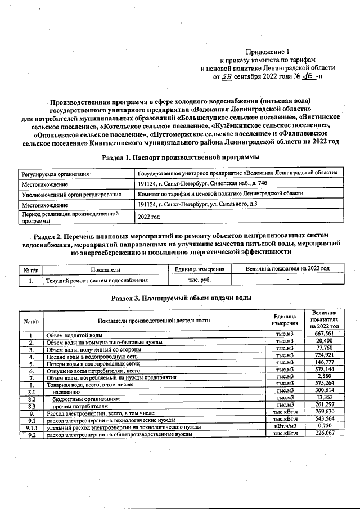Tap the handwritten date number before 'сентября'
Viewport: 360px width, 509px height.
(227, 77)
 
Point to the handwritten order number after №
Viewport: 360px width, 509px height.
(308, 77)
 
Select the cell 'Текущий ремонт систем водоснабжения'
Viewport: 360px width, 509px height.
(97, 280)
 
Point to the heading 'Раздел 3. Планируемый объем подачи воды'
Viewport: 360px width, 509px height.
(181, 298)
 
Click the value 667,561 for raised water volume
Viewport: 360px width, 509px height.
(325, 334)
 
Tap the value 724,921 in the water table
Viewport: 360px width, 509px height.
(325, 355)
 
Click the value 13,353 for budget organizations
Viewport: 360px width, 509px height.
(325, 398)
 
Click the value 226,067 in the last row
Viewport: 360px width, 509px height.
(325, 434)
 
